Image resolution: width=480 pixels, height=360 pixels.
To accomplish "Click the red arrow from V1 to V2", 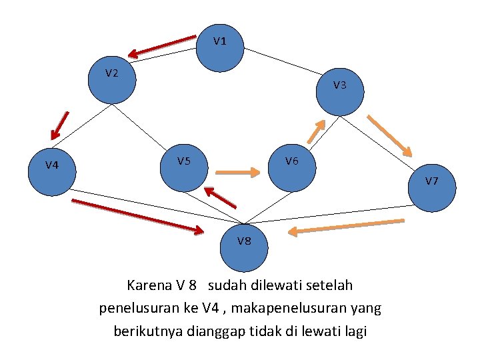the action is click(x=162, y=45).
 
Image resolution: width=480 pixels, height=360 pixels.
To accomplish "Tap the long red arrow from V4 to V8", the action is click(x=137, y=216).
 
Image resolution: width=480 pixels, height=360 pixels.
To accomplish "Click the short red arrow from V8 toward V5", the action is click(x=220, y=197).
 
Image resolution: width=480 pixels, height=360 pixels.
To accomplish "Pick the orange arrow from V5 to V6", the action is click(x=238, y=173).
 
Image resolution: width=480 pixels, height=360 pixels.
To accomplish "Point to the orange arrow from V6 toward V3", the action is click(x=317, y=131).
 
